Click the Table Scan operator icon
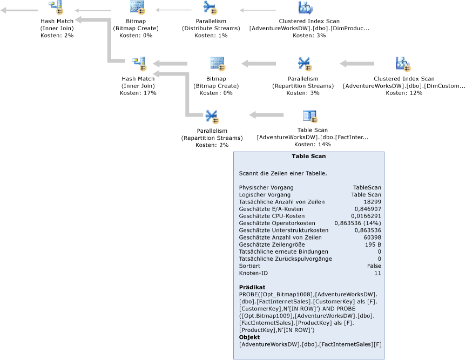pos(309,116)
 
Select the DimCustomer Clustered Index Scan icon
pos(403,64)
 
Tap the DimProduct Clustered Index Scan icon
pos(305,8)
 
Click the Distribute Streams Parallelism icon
pos(210,8)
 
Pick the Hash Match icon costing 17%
pos(138,64)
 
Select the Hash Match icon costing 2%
pos(56,8)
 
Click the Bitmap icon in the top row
pos(137,8)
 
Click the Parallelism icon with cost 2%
pos(211,116)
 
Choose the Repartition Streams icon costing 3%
pos(304,64)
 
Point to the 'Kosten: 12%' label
pos(403,93)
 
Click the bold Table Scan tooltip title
pos(308,157)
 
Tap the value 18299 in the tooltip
pos(372,202)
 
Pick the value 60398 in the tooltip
pos(372,237)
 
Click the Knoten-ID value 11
pos(378,273)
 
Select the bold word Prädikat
pos(252,287)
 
